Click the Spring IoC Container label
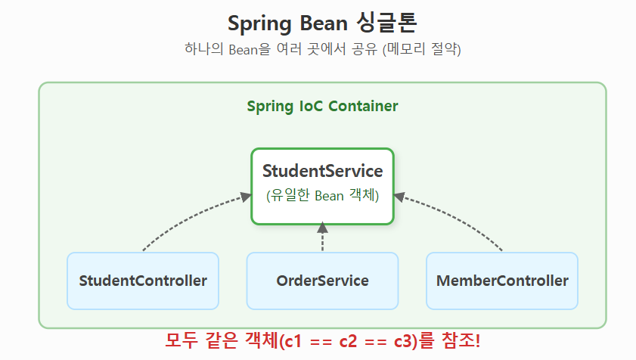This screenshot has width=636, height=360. [322, 106]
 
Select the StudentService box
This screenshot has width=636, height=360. [322, 185]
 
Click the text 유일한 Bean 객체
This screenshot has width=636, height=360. [322, 196]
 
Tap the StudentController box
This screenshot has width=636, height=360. [143, 281]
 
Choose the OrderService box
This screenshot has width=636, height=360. [322, 281]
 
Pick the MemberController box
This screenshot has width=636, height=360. [502, 281]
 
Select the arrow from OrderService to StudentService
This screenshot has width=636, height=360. [322, 239]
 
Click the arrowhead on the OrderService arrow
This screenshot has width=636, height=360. [322, 227]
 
